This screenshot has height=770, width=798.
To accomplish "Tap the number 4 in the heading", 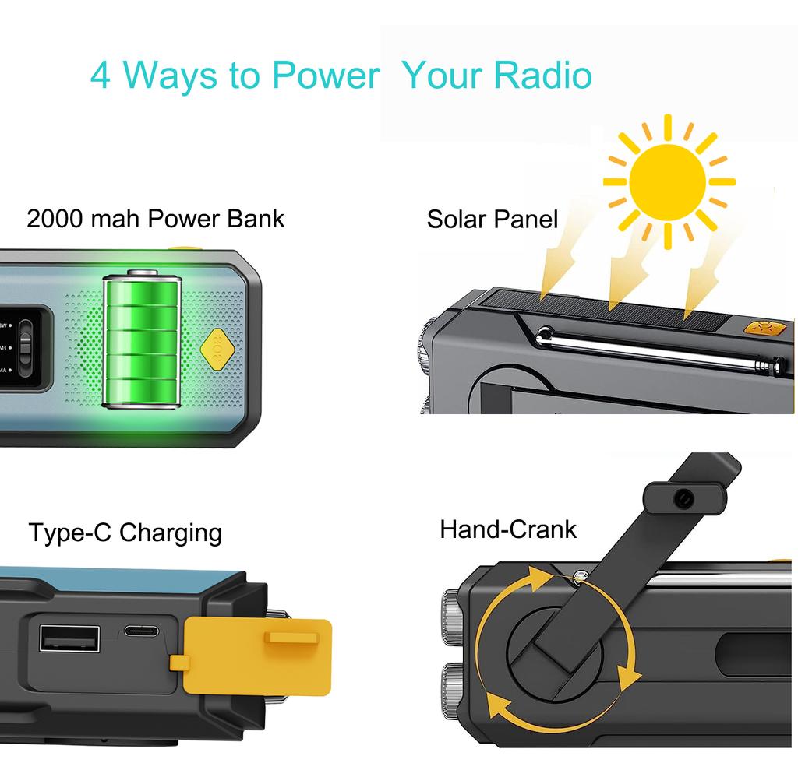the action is point(101,76).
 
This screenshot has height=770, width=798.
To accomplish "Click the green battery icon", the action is point(142,339).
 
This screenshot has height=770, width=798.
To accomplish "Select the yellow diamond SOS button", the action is point(217,350).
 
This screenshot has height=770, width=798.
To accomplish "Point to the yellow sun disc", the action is point(667,182).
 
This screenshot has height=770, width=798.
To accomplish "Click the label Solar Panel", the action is point(493,220).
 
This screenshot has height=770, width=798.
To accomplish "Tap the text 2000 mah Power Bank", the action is point(155,220).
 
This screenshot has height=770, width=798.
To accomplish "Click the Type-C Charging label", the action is point(125,533).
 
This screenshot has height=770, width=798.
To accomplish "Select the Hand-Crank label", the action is point(508,529).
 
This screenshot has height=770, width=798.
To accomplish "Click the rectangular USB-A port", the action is point(69,638).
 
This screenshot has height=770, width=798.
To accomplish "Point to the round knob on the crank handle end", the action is point(683,499).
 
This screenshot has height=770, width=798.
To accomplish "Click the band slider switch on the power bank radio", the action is point(25,347).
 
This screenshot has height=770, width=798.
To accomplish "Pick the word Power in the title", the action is point(327,76).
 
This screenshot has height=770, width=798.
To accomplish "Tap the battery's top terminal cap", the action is point(142,272).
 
